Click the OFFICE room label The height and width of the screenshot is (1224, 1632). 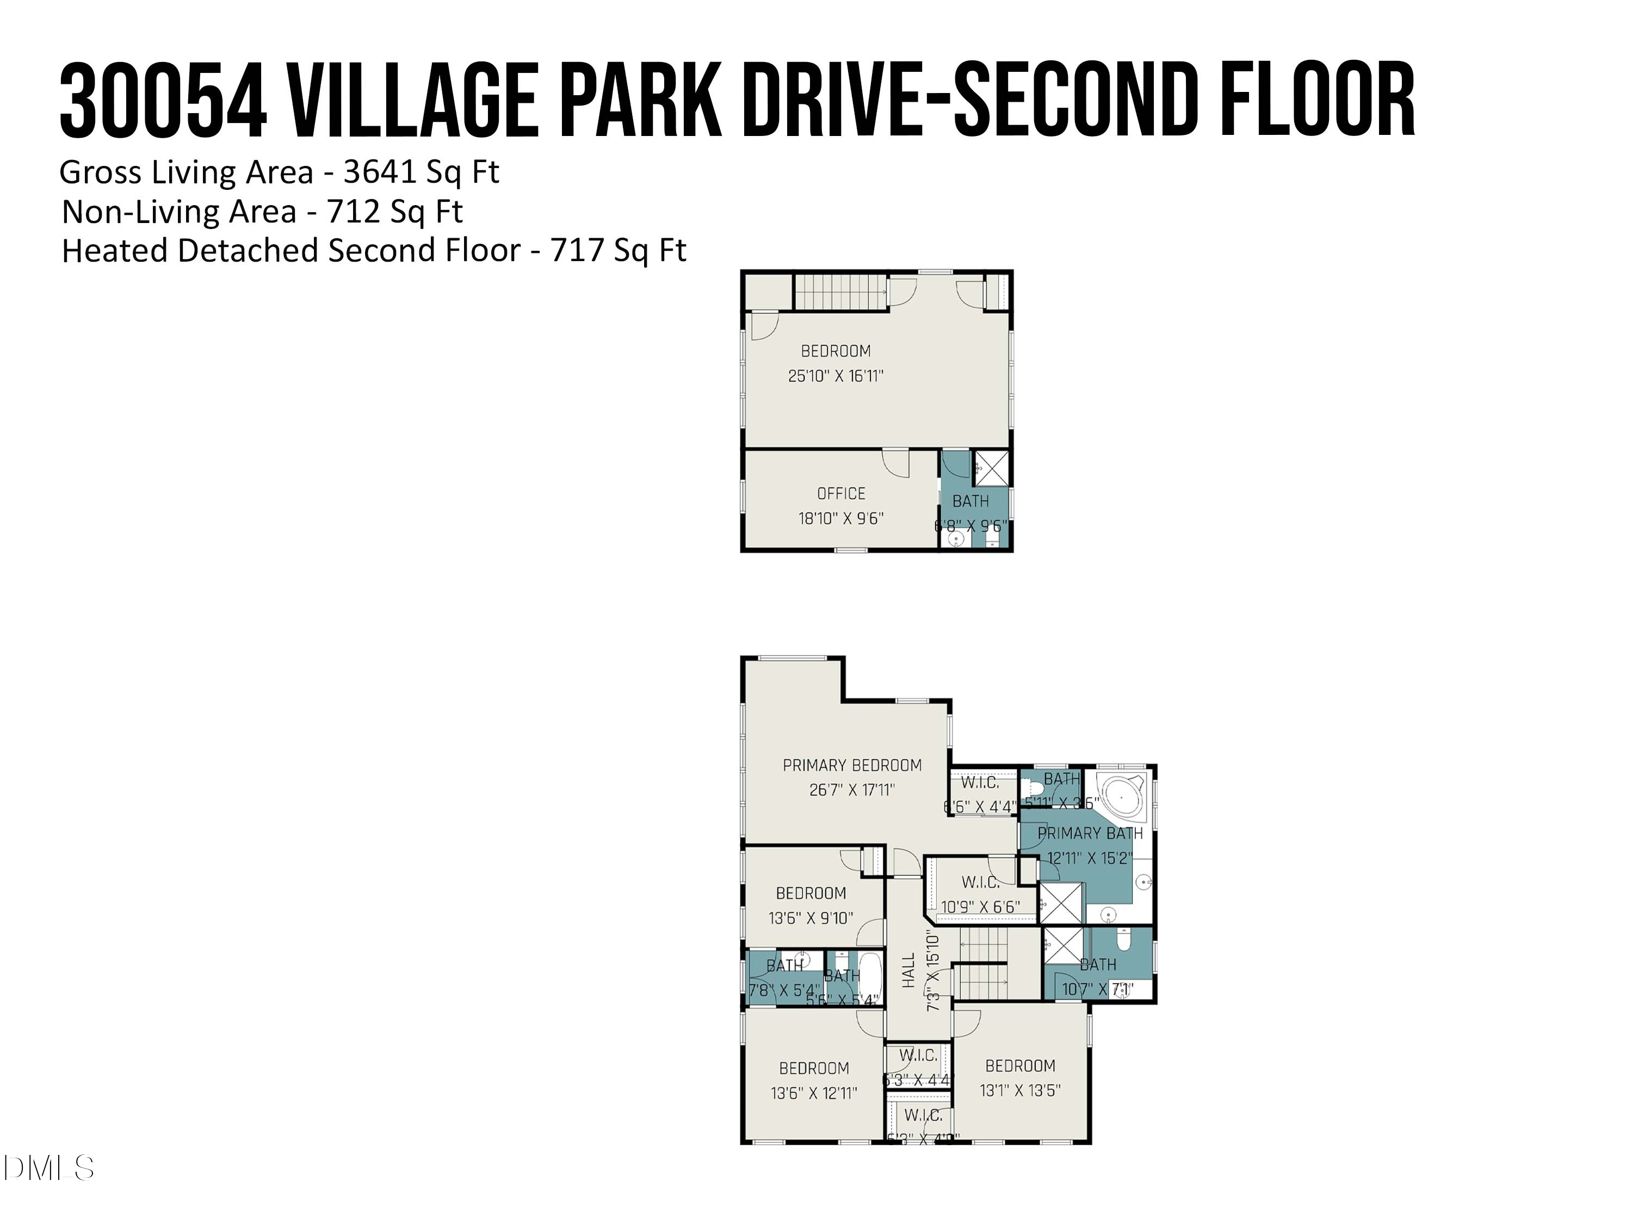click(x=840, y=493)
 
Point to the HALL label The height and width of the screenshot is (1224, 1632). click(x=908, y=970)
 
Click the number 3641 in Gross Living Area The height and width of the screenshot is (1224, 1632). click(x=380, y=172)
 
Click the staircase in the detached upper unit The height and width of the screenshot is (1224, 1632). click(x=840, y=292)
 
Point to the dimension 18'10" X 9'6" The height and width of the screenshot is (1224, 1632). click(x=840, y=518)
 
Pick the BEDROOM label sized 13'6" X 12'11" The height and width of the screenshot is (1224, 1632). click(x=814, y=1068)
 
